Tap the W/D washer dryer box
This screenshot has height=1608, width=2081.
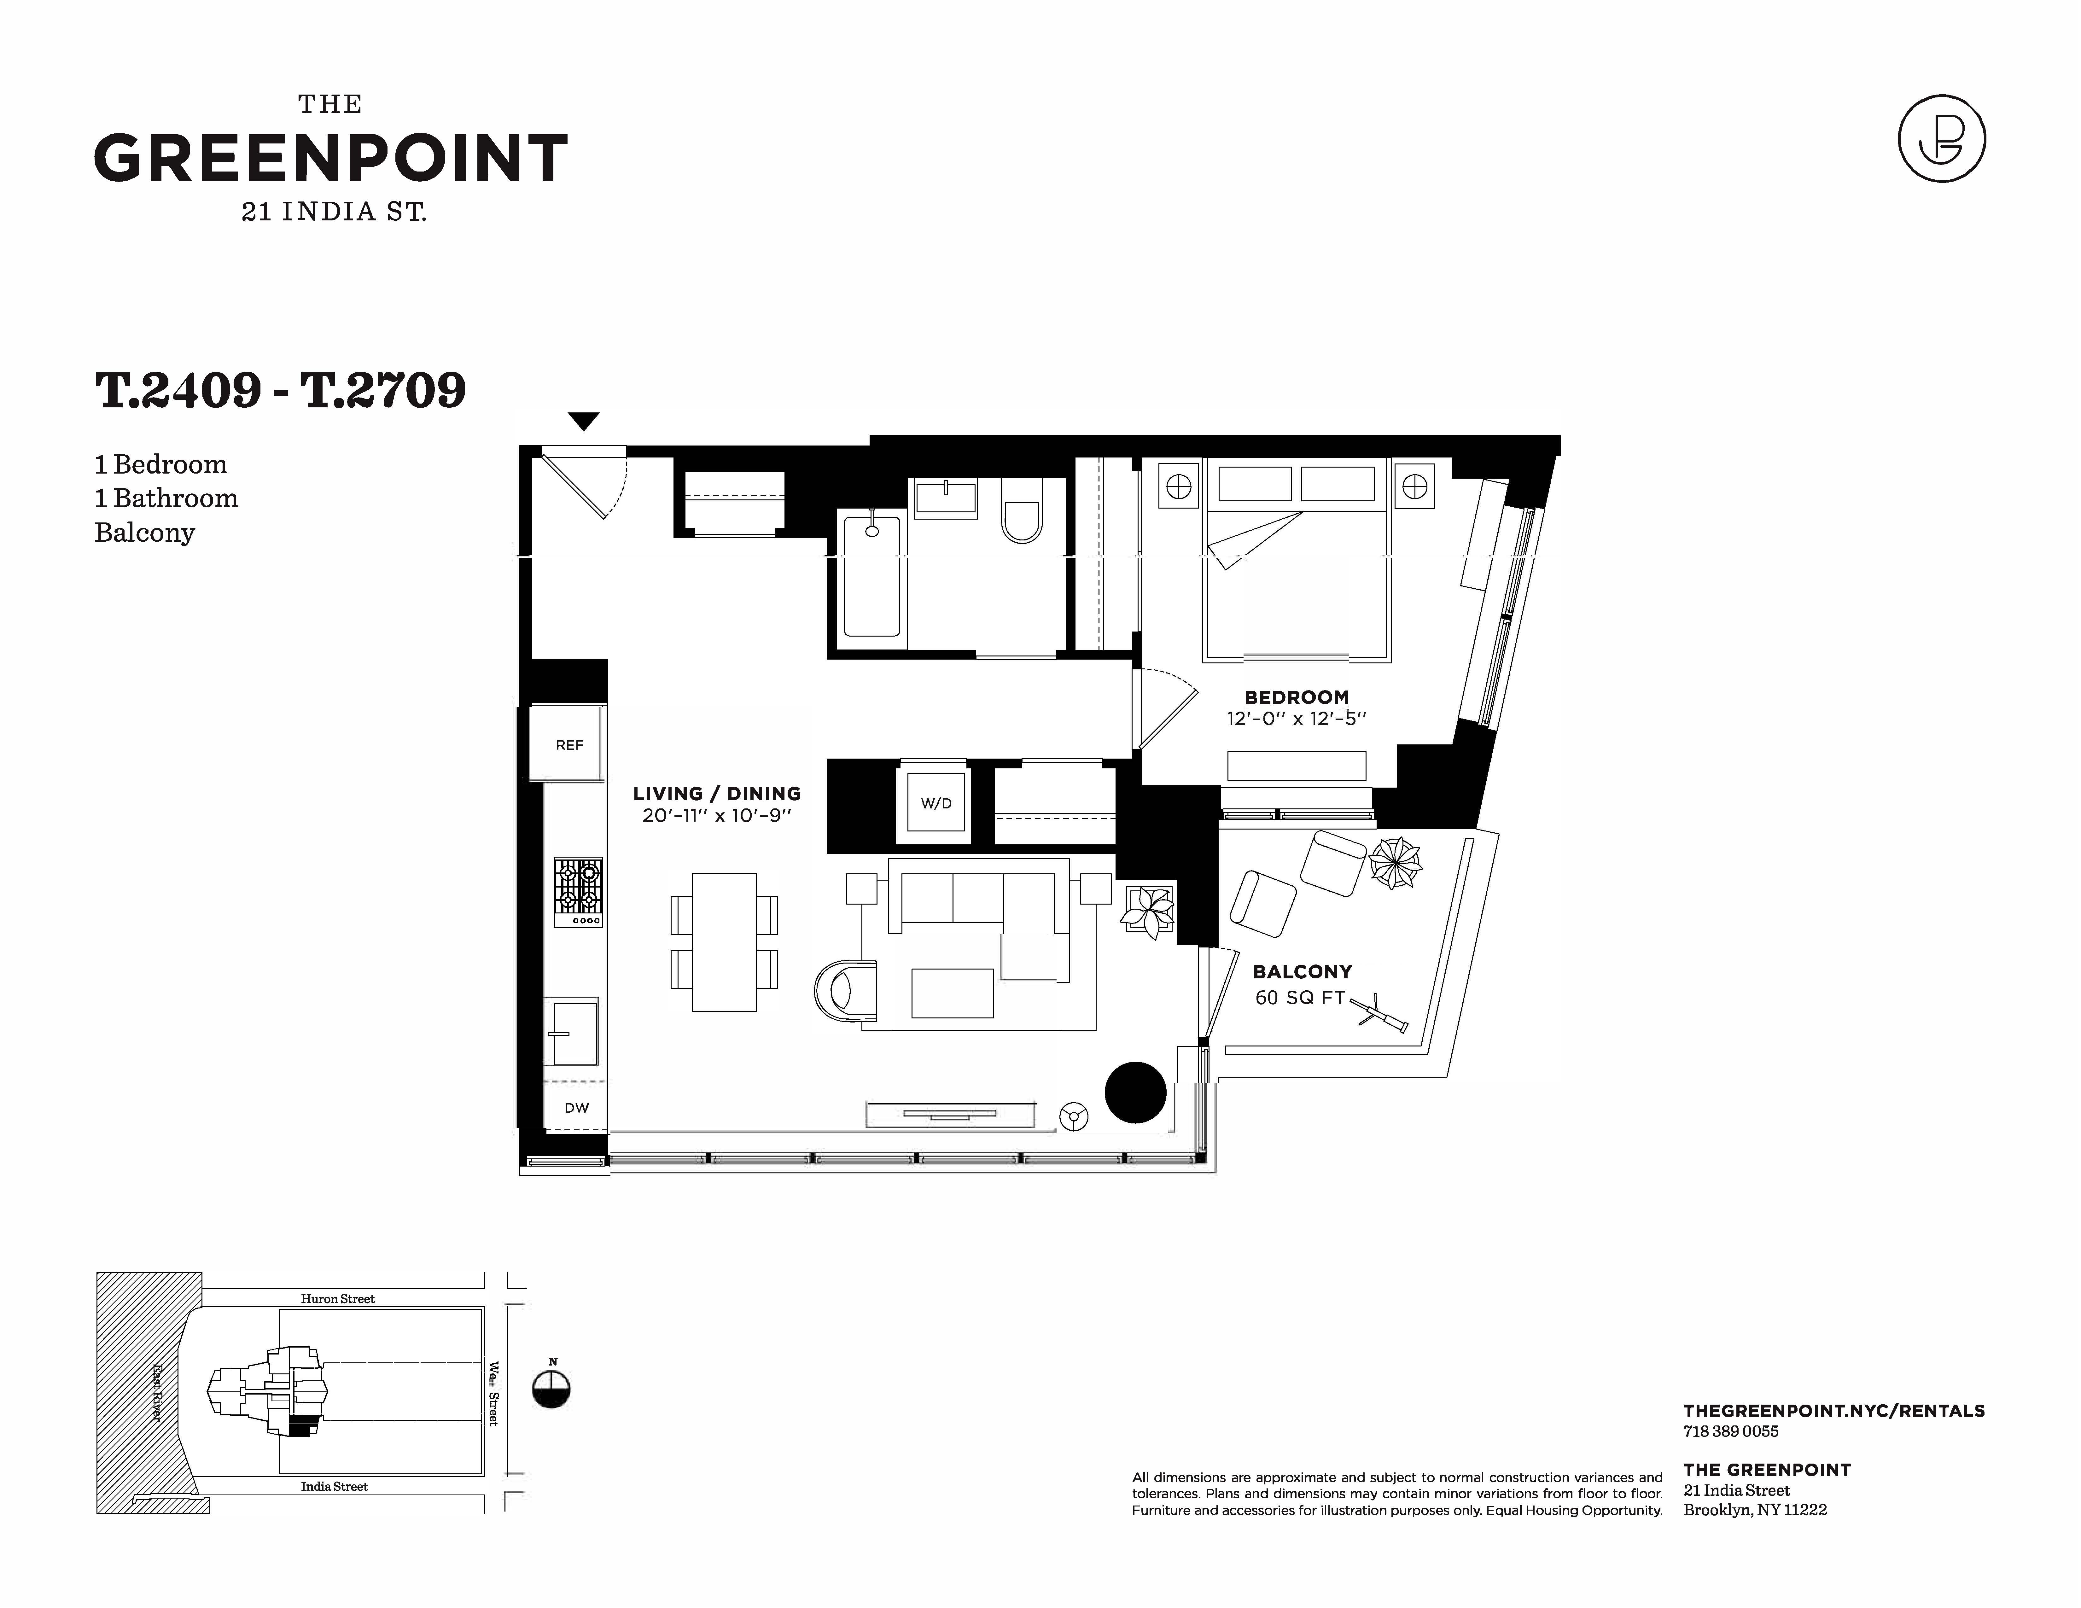point(936,803)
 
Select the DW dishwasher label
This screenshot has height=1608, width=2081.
point(576,1108)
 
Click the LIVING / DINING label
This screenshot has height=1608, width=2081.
point(717,794)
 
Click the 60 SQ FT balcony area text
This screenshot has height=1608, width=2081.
point(1300,997)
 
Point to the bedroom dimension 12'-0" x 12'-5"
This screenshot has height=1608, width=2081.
point(1296,718)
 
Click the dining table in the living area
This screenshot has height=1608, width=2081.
point(724,942)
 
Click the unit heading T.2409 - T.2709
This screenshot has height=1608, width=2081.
point(280,390)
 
